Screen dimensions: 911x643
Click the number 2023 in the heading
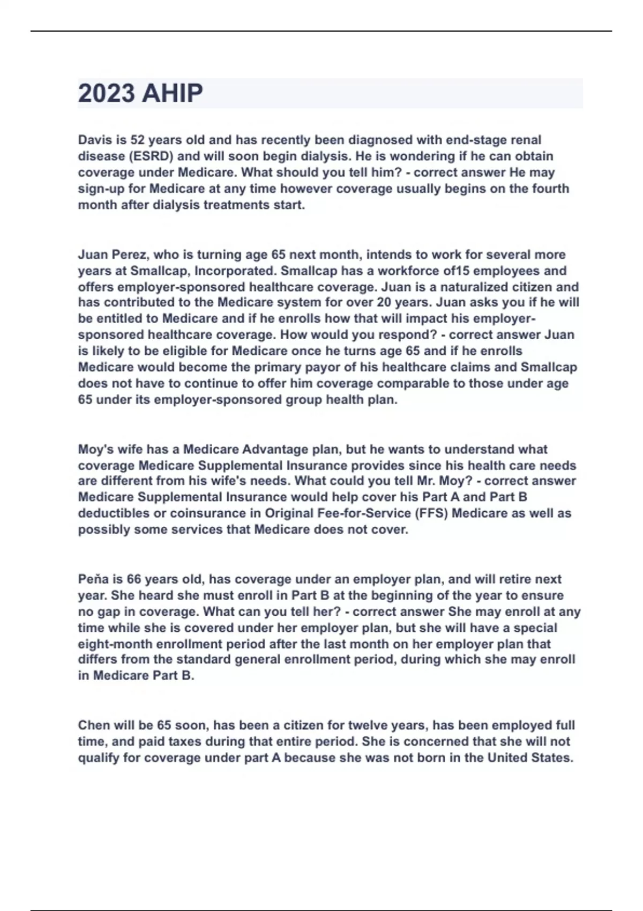click(x=106, y=93)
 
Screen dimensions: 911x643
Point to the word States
click(x=552, y=758)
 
